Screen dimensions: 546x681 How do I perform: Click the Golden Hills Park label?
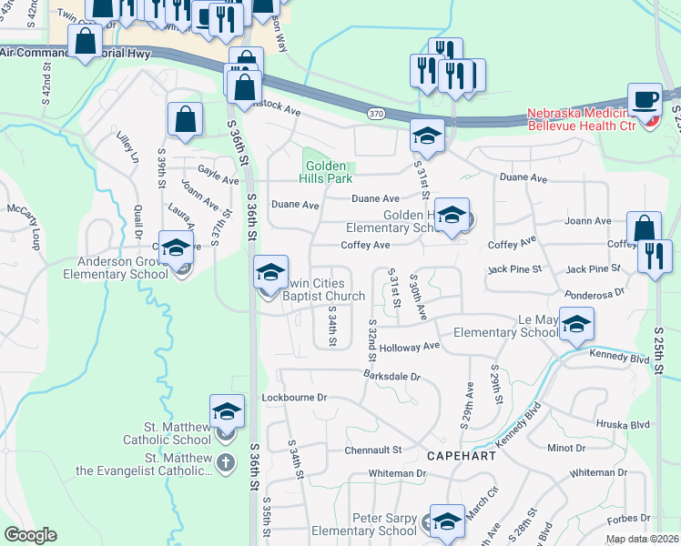325,172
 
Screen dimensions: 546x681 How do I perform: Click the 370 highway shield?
376,114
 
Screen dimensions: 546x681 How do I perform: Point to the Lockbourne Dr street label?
294,398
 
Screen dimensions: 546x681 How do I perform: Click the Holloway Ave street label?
410,347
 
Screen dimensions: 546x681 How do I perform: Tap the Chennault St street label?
373,450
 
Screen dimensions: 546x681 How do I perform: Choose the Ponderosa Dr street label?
595,294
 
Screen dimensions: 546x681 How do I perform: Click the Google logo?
30,535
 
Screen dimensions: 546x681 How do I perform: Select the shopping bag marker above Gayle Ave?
185,119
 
